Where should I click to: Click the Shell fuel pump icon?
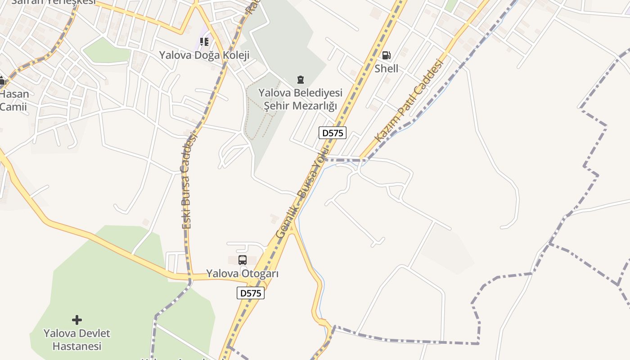point(386,55)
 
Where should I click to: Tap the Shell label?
point(386,68)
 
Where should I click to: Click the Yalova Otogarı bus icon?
point(243,260)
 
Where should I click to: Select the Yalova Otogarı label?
point(243,274)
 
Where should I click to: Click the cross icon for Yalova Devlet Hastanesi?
point(77,320)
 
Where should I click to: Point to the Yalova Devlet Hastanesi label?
point(77,340)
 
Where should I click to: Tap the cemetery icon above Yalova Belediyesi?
point(300,80)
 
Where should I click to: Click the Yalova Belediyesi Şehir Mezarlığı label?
point(300,99)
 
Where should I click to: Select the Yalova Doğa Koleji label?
point(204,55)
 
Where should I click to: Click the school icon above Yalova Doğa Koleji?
point(204,42)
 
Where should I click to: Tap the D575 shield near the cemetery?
point(333,133)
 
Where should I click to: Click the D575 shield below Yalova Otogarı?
point(251,293)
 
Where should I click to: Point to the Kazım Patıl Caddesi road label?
point(409,101)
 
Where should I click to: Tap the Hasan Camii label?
point(13,100)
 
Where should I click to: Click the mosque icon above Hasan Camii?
point(2,81)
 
